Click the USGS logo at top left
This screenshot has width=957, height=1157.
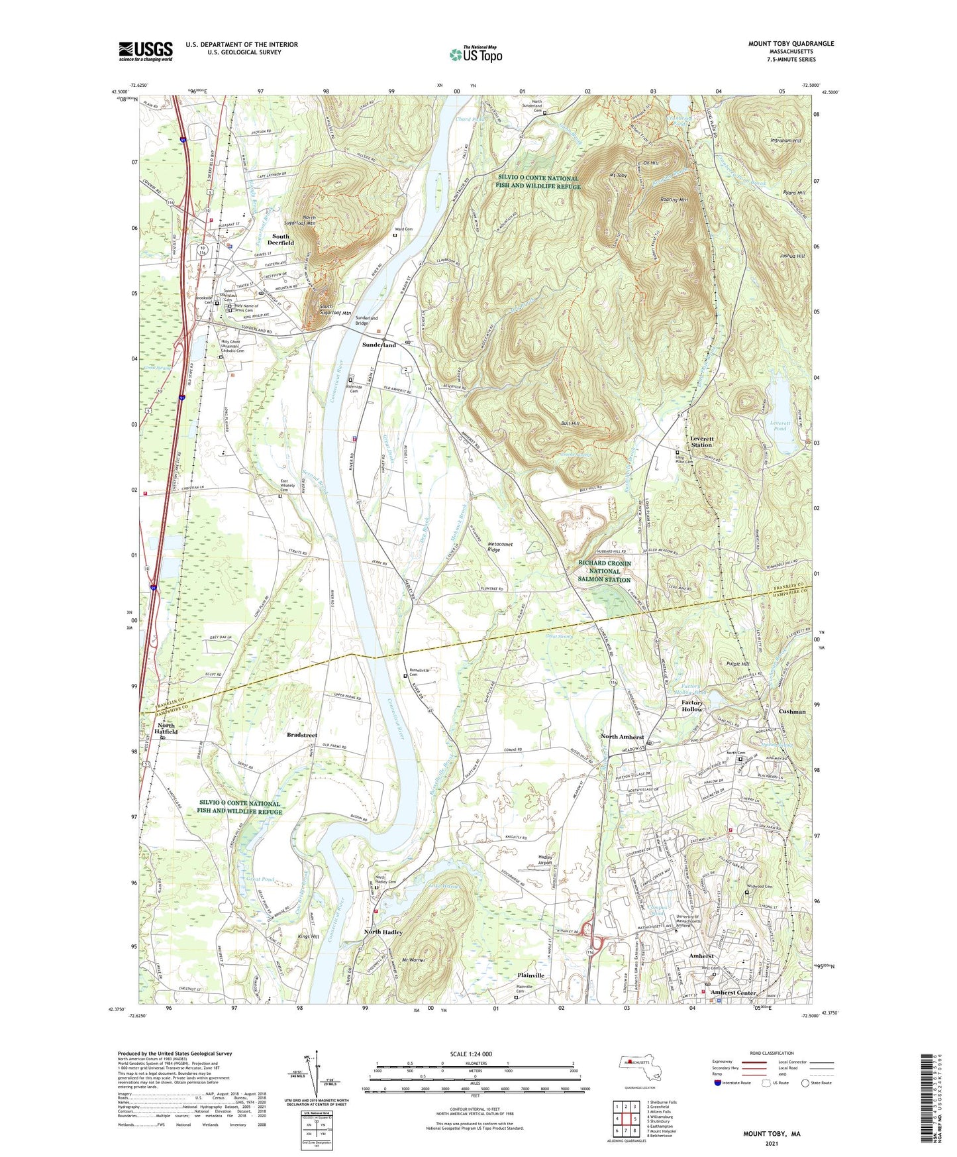tap(146, 50)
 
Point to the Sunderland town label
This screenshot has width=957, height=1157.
tap(379, 345)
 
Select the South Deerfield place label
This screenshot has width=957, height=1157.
tap(281, 239)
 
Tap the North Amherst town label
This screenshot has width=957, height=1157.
tap(623, 737)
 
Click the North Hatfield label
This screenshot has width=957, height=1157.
tap(167, 729)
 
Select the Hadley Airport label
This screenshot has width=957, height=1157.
tap(545, 860)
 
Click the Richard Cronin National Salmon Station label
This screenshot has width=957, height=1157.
tap(604, 571)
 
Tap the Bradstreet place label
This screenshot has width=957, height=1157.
tap(302, 735)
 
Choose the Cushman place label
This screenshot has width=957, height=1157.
tap(792, 712)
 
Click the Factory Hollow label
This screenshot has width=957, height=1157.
tap(692, 706)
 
